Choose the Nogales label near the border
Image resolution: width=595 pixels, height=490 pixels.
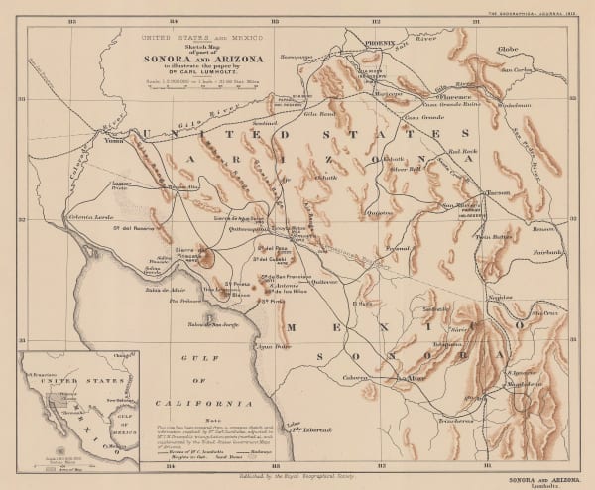tap(500, 298)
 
